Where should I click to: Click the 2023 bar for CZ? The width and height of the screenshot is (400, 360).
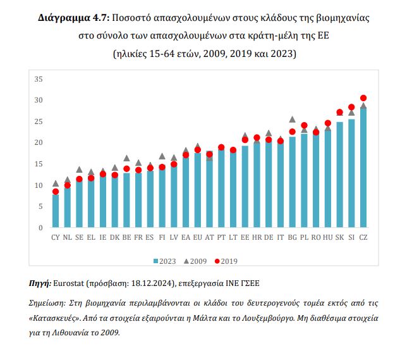click(363, 168)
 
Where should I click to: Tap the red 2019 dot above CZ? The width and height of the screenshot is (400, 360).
click(363, 98)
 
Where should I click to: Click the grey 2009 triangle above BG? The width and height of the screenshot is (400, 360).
click(293, 119)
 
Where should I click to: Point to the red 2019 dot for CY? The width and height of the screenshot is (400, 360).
click(56, 192)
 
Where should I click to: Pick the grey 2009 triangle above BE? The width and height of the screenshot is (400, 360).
click(126, 158)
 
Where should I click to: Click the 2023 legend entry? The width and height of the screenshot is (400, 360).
click(165, 260)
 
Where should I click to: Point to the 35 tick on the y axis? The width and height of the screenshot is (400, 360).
click(38, 79)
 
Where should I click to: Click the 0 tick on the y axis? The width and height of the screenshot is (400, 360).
click(40, 228)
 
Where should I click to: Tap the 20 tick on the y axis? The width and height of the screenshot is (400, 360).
click(38, 143)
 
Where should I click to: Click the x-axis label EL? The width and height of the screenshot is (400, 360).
click(91, 238)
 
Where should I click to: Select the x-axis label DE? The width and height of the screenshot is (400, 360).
click(269, 238)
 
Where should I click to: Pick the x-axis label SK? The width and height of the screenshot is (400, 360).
click(339, 238)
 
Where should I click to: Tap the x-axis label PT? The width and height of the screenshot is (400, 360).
click(221, 238)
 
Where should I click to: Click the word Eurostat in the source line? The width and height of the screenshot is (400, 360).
click(71, 282)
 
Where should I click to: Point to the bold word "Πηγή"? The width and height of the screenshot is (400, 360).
click(40, 282)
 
